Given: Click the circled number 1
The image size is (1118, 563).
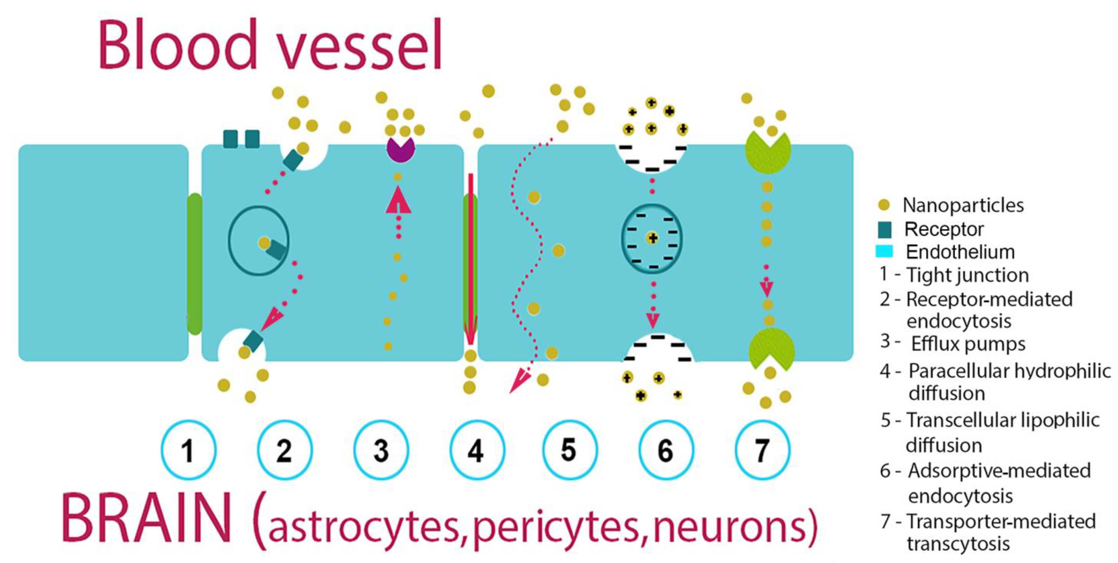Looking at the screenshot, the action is pyautogui.click(x=188, y=450).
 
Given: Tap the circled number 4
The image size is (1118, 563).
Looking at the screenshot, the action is pyautogui.click(x=477, y=450).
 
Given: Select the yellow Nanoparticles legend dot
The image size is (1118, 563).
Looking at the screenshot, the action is pyautogui.click(x=884, y=205).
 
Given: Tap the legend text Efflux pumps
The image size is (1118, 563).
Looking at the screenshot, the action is pyautogui.click(x=968, y=344).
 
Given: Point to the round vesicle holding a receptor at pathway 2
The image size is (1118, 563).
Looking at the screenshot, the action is pyautogui.click(x=259, y=240).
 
